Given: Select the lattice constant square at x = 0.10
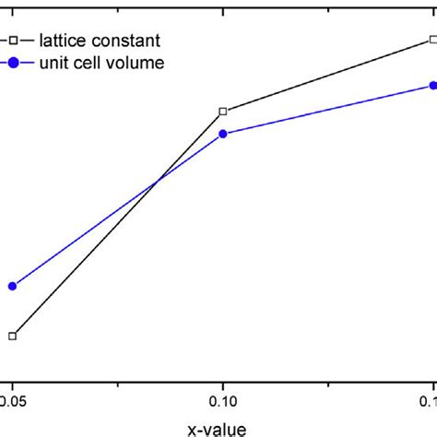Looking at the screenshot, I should click(222, 112).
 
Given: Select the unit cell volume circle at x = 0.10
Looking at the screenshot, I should click(222, 134).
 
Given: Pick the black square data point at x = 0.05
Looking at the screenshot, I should click(12, 336).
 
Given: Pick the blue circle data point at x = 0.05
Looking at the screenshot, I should click(12, 286).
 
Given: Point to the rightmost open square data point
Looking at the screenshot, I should click(432, 40).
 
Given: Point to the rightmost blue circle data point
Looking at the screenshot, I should click(432, 86).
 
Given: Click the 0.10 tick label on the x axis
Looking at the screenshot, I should click(222, 403).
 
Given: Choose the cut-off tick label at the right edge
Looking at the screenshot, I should click(429, 403).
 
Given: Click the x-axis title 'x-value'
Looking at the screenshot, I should click(218, 428).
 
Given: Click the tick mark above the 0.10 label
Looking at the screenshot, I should click(222, 381).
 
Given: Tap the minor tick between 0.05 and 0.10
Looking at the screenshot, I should click(117, 383).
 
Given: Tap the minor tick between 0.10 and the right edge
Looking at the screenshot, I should click(327, 383).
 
